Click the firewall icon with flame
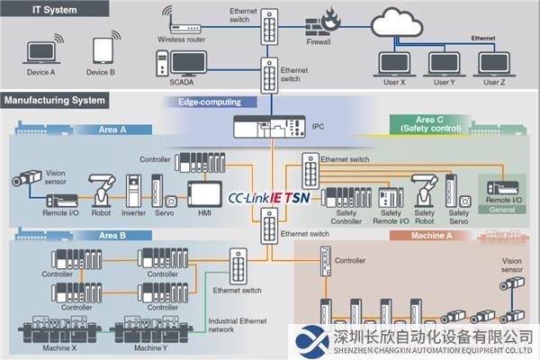coord(319,24)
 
